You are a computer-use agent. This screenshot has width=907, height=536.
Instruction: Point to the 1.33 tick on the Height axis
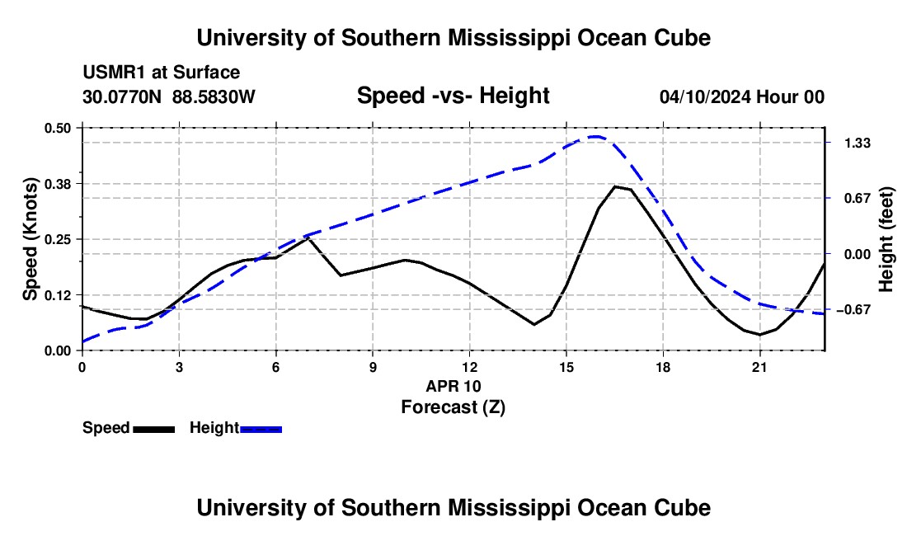point(858,143)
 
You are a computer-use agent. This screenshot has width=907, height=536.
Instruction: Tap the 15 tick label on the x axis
point(566,367)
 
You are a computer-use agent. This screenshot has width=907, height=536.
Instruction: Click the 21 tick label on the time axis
point(759,367)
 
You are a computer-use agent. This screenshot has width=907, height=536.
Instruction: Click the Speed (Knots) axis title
point(30,239)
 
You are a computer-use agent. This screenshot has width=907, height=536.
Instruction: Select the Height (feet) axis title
point(886,239)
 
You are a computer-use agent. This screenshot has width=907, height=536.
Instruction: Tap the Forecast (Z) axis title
point(453,407)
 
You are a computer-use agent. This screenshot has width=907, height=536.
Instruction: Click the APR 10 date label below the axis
point(453,386)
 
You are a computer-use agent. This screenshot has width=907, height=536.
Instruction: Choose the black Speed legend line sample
point(154,429)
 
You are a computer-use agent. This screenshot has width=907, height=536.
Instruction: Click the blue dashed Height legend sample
point(261,429)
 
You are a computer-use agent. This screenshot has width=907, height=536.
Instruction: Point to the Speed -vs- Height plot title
point(453,96)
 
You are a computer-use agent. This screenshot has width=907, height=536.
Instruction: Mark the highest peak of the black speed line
point(615,186)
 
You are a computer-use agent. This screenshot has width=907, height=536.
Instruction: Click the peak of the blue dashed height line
point(596,136)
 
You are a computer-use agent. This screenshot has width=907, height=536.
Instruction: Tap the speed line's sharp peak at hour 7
point(309,237)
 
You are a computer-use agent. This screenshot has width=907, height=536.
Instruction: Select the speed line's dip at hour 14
point(534,324)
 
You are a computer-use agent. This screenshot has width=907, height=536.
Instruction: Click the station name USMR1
point(115,73)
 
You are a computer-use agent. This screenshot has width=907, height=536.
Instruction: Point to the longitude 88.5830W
point(214,96)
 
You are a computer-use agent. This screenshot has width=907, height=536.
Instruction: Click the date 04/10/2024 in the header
point(706,96)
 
